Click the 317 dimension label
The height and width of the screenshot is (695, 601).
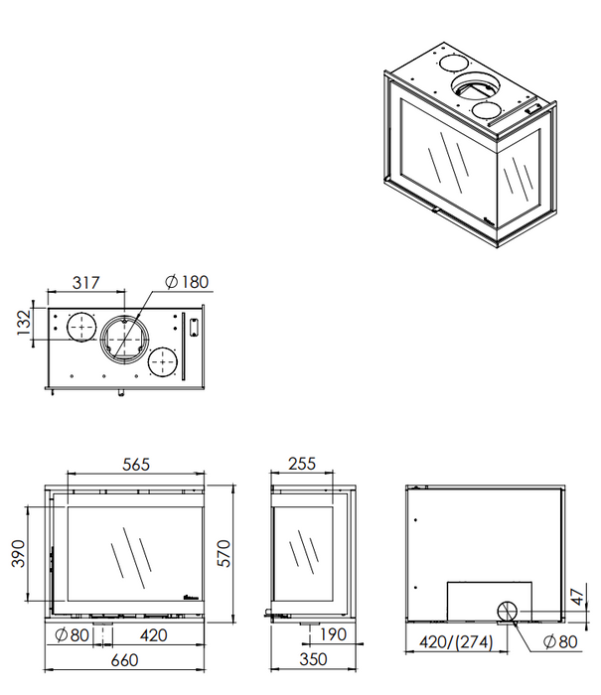[86, 283]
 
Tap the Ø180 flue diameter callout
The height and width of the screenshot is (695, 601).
[187, 282]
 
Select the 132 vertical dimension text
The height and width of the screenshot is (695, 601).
[24, 323]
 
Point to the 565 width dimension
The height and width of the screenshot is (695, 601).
[136, 464]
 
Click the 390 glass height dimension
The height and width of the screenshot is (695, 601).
[18, 553]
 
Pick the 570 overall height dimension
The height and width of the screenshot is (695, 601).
[224, 553]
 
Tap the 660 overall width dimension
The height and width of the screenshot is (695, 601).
[124, 660]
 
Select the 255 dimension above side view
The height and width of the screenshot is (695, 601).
[302, 464]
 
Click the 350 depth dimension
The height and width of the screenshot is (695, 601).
[313, 659]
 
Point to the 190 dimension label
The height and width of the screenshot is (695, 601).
[333, 634]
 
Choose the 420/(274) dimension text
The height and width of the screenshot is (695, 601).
[456, 641]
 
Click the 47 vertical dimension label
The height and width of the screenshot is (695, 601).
[577, 597]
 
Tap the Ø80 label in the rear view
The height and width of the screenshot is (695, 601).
[560, 641]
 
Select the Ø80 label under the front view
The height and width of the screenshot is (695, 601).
[72, 635]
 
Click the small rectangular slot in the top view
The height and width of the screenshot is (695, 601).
[194, 328]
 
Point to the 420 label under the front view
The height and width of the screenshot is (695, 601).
[153, 635]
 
